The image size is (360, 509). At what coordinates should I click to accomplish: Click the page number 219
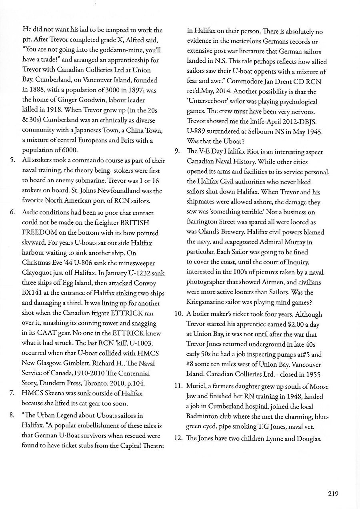pyautogui.click(x=333, y=494)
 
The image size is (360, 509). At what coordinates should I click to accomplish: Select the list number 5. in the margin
pyautogui.click(x=13, y=161)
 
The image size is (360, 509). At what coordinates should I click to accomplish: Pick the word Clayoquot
pyautogui.click(x=38, y=273)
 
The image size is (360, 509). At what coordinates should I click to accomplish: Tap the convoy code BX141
pyautogui.click(x=32, y=293)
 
